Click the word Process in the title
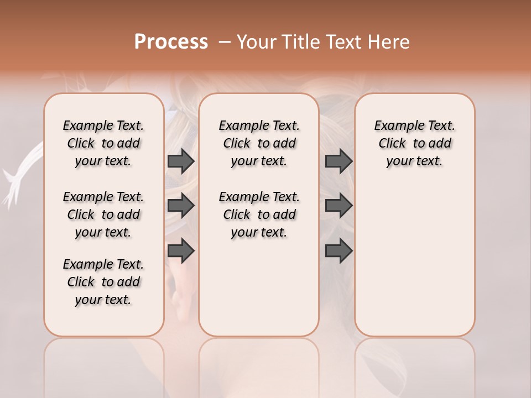click(171, 42)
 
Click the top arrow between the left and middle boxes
click(181, 161)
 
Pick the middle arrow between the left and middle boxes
click(181, 206)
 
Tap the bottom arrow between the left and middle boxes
click(181, 251)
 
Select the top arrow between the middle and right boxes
click(339, 161)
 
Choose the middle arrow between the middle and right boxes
click(339, 206)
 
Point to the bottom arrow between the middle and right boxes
click(339, 251)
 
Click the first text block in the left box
click(103, 143)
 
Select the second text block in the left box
click(103, 214)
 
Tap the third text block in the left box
click(103, 282)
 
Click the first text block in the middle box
click(259, 143)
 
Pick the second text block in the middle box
click(259, 214)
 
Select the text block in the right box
click(415, 143)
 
